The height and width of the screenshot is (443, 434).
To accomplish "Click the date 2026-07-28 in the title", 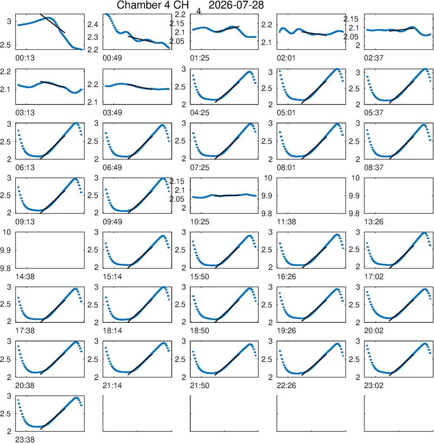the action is (236, 5).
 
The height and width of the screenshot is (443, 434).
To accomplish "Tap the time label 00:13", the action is (25, 58).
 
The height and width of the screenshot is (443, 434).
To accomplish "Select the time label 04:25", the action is (200, 113).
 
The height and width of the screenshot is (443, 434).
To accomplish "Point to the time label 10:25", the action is (200, 222).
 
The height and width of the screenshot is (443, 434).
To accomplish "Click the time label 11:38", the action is (286, 222).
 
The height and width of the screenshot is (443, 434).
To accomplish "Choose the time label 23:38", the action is (25, 440).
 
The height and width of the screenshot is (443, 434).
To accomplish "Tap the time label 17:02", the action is (374, 276).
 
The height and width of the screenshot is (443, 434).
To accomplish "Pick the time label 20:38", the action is (25, 385).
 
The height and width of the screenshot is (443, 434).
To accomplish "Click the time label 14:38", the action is (25, 276).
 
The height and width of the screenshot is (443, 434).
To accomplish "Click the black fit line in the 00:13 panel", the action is (53, 23).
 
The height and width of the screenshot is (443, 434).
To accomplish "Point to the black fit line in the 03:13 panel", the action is (53, 84).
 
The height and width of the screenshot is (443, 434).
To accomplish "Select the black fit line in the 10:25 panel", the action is (227, 196).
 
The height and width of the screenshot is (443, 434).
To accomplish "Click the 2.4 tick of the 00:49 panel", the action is (93, 25).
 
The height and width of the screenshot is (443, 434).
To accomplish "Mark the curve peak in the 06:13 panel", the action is (76, 123).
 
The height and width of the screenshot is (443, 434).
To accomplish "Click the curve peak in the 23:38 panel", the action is (76, 398).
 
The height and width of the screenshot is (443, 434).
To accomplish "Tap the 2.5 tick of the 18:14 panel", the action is (93, 305).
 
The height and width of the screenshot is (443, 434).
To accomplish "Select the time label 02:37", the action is (374, 58).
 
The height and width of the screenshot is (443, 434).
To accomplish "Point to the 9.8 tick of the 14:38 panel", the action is (5, 269).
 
